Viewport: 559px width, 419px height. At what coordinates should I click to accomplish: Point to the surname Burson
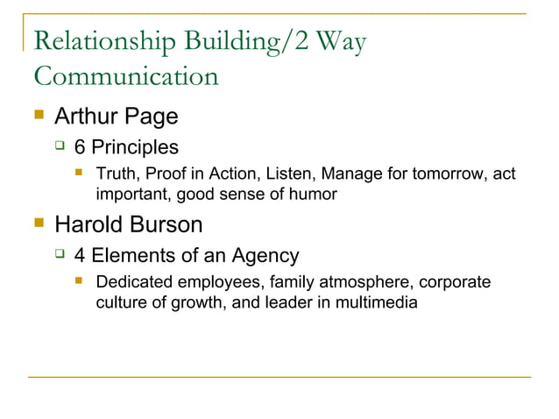(x=168, y=225)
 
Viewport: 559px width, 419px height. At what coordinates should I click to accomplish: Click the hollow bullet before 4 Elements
(x=59, y=255)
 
